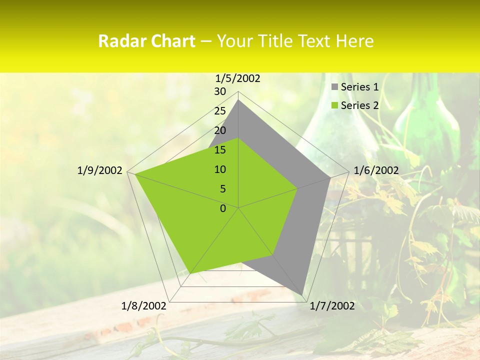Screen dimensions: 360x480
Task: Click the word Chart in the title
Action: [171, 41]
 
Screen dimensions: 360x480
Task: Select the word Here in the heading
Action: [355, 41]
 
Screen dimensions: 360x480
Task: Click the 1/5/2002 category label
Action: [238, 78]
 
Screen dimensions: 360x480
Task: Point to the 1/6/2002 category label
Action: [376, 170]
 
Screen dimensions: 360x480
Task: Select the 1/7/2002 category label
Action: [332, 306]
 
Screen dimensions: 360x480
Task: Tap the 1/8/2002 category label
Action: [144, 306]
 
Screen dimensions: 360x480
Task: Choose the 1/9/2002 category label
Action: [100, 170]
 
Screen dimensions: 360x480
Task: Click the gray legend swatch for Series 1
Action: [334, 87]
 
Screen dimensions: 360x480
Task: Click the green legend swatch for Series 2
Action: [334, 105]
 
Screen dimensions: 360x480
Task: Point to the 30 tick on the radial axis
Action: [220, 91]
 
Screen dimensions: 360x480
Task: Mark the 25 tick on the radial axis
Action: [220, 111]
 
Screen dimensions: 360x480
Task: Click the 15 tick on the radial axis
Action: [220, 150]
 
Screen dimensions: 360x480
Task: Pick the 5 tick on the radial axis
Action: [222, 189]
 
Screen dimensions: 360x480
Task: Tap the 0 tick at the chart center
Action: [223, 208]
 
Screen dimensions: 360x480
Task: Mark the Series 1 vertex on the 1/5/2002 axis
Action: [238, 99]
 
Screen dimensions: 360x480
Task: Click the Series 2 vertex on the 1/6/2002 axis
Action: [297, 188]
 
